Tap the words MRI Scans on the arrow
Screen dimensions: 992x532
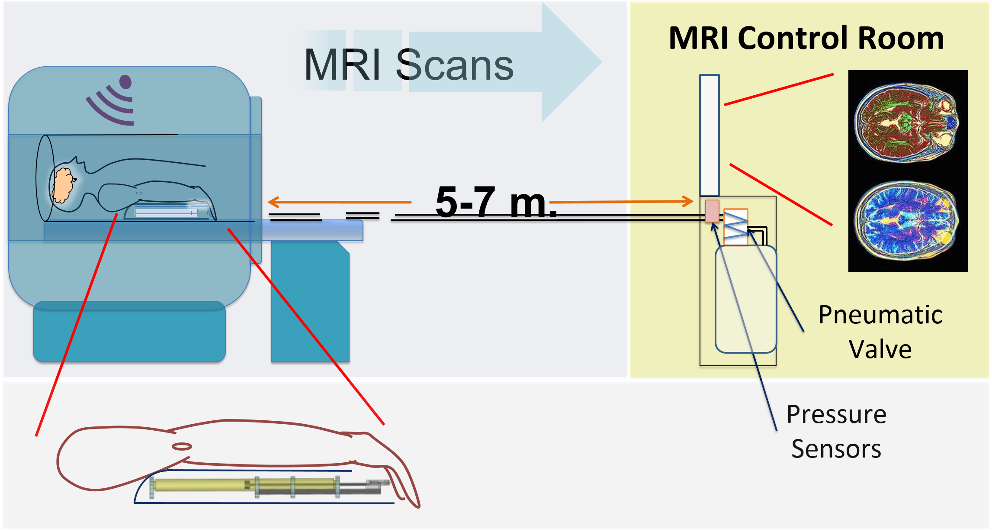pos(409,65)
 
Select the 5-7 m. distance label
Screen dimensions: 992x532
pos(496,202)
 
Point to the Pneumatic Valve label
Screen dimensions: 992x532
pos(880,332)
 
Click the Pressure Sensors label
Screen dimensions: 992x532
pos(836,431)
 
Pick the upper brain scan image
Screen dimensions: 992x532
pos(907,123)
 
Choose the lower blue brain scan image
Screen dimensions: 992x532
pos(907,221)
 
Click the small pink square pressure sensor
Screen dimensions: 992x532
pos(712,211)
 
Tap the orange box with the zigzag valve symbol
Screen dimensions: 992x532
pos(735,227)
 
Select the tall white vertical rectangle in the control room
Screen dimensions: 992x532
pos(709,135)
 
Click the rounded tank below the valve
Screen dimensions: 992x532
pos(746,299)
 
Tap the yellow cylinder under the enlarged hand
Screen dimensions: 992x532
pos(244,485)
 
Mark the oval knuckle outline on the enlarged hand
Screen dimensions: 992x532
pos(182,446)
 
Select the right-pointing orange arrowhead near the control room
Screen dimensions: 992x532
pos(688,201)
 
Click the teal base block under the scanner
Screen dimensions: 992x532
pos(129,332)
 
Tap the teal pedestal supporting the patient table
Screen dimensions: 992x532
pos(310,301)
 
